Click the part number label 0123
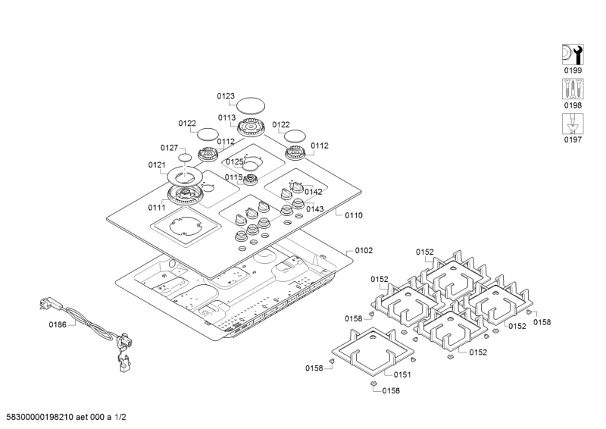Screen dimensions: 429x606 pyautogui.click(x=226, y=96)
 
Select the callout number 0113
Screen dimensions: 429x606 pyautogui.click(x=226, y=117)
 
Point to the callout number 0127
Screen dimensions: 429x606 pyautogui.click(x=169, y=148)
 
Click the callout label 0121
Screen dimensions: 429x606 pyautogui.click(x=157, y=164)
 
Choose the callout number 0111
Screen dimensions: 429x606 pyautogui.click(x=157, y=207)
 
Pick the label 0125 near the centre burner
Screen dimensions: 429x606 pyautogui.click(x=235, y=161)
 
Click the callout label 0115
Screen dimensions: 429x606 pyautogui.click(x=233, y=177)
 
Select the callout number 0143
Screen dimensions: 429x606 pyautogui.click(x=314, y=208)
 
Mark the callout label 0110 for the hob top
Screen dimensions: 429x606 pyautogui.click(x=354, y=215)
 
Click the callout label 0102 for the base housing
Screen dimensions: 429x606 pyautogui.click(x=364, y=250)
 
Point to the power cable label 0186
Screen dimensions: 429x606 pyautogui.click(x=58, y=324)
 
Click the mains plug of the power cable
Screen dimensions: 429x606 pyautogui.click(x=45, y=305)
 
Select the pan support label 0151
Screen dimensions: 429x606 pyautogui.click(x=402, y=374)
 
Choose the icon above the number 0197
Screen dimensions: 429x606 pyautogui.click(x=573, y=123)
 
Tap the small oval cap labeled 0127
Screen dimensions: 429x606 pyautogui.click(x=186, y=158)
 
